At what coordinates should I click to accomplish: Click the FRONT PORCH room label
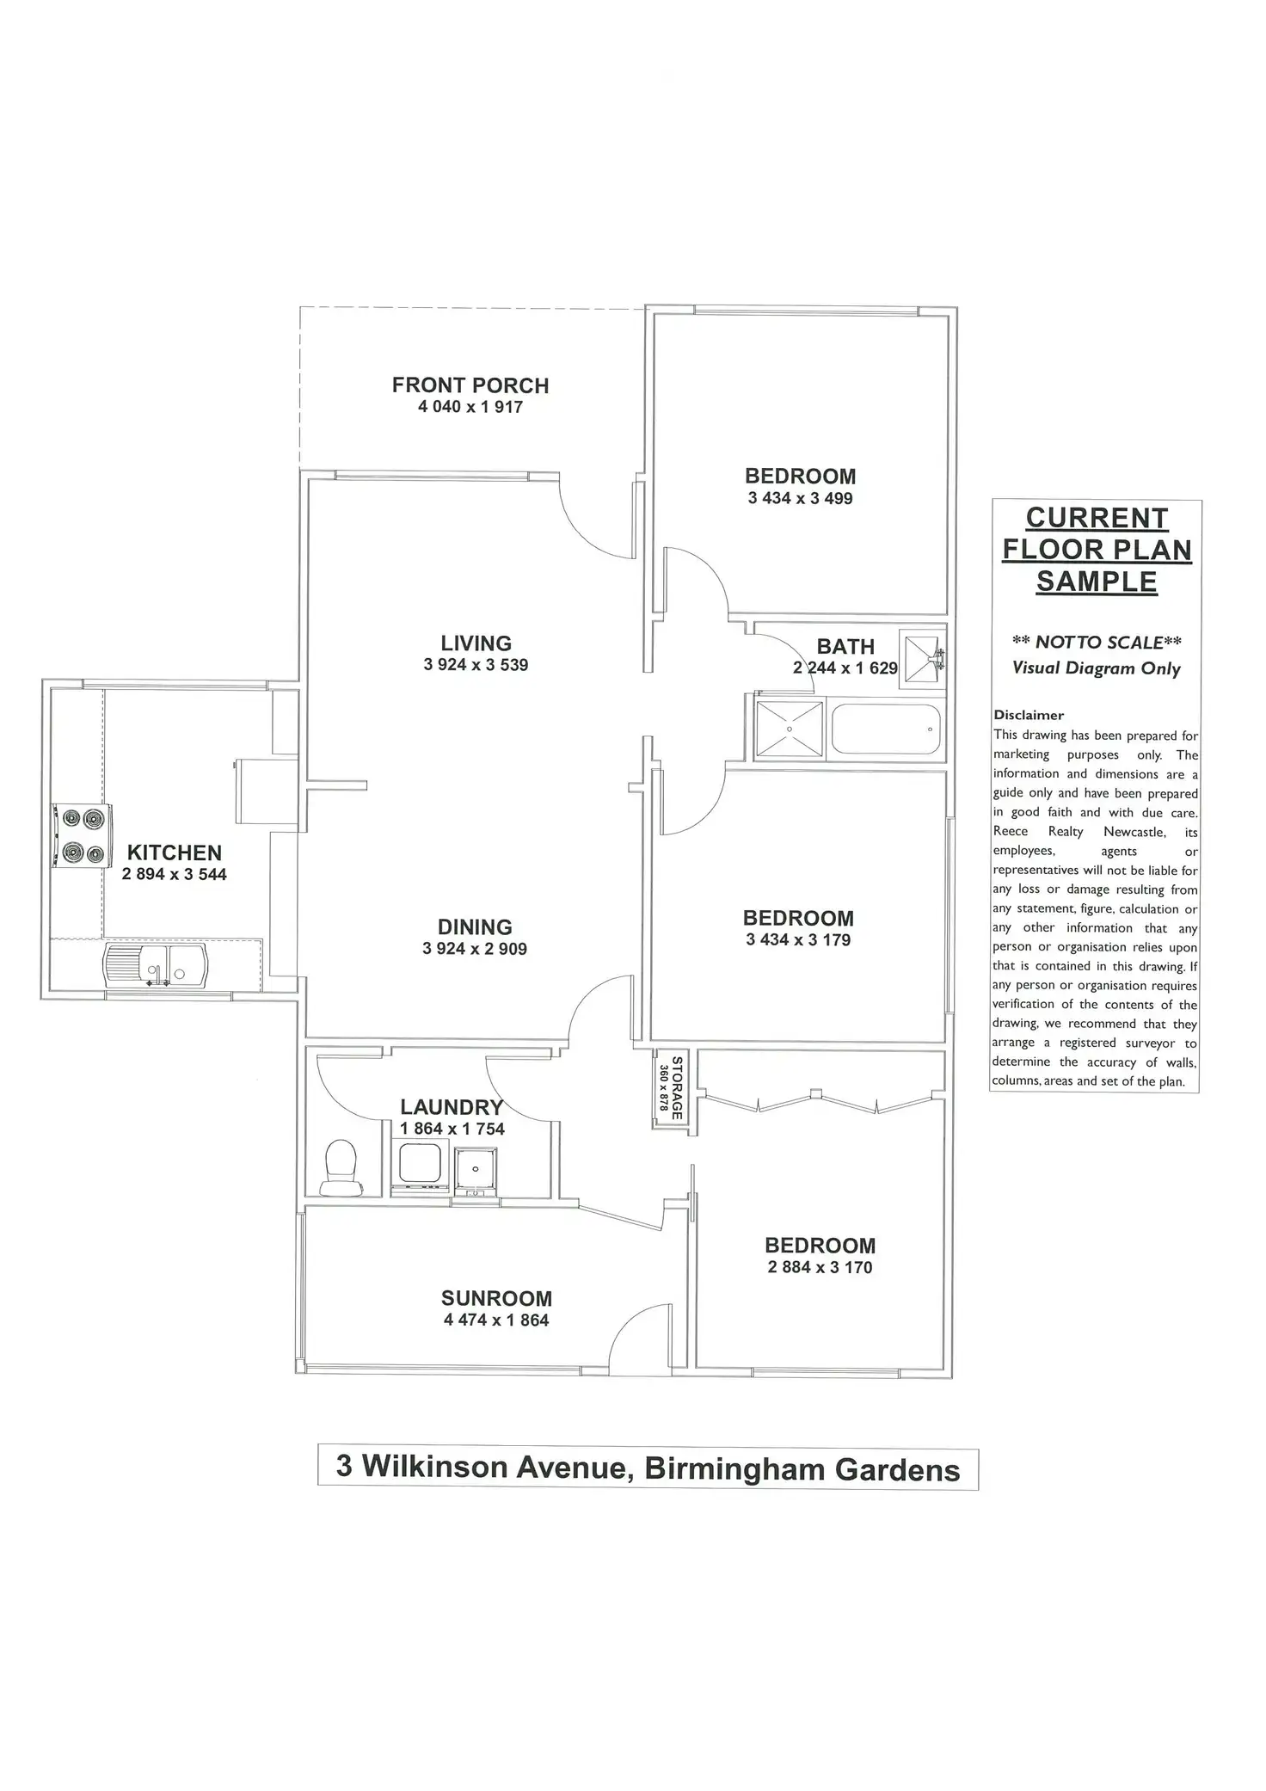coord(470,385)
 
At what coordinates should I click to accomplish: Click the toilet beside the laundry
coord(341,1167)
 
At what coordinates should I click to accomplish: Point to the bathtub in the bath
coord(886,729)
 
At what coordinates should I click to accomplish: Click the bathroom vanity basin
coord(921,659)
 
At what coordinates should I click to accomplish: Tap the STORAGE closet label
coord(676,1087)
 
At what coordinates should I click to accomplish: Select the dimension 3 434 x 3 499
coord(800,498)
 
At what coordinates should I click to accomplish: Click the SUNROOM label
coord(496,1298)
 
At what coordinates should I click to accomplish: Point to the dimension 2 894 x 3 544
coord(175,875)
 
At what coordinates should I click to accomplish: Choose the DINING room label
coord(475,927)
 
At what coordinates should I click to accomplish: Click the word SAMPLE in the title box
coord(1097,582)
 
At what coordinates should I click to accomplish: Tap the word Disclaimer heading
coord(1029,715)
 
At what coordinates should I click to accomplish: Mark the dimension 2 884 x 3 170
coord(820,1267)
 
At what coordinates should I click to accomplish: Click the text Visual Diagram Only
coord(1097,668)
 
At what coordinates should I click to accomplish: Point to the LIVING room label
coord(476,643)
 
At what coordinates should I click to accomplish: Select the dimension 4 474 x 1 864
coord(496,1320)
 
